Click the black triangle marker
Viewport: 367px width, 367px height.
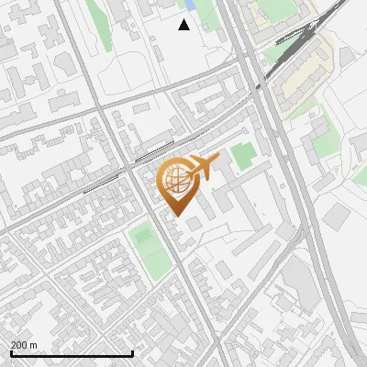[x=184, y=25]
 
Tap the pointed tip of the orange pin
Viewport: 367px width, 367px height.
[x=174, y=216]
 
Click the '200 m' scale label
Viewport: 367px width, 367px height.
[x=24, y=345]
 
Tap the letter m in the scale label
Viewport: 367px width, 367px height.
[x=34, y=345]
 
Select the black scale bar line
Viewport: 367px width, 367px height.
[x=72, y=354]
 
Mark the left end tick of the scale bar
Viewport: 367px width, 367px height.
[x=11, y=352]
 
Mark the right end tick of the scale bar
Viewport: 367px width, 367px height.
[x=133, y=352]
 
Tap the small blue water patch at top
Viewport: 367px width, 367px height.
[x=191, y=5]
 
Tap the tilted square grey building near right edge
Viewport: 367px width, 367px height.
[x=338, y=215]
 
